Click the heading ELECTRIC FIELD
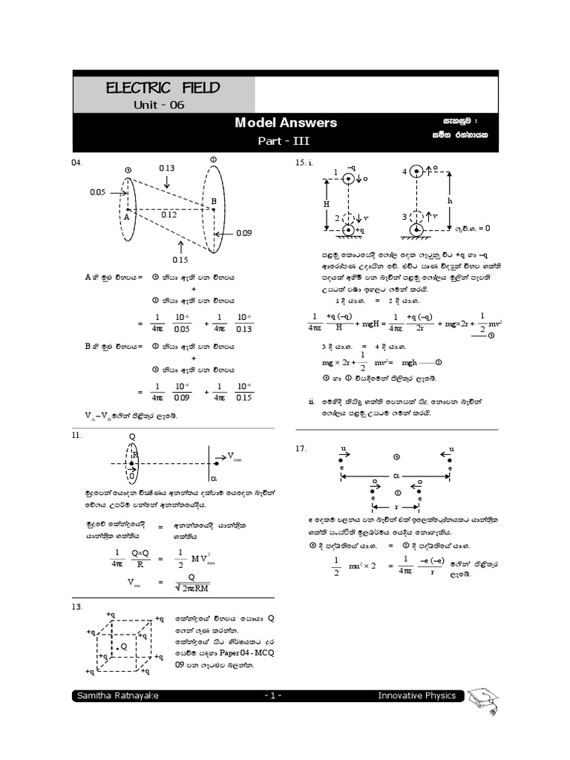coord(163,88)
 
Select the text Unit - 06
coord(158,105)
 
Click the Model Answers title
coord(286,122)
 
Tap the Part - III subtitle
coord(286,140)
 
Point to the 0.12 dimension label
coord(168,214)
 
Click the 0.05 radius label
coord(98,192)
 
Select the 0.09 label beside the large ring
coord(244,233)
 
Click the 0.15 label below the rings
coord(180,260)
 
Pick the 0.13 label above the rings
coord(167,168)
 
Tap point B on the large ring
coord(214,202)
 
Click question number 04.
coord(76,163)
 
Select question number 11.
coord(76,436)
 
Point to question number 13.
coord(76,606)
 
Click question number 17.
coord(301,448)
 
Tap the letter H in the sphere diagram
coord(325,203)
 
